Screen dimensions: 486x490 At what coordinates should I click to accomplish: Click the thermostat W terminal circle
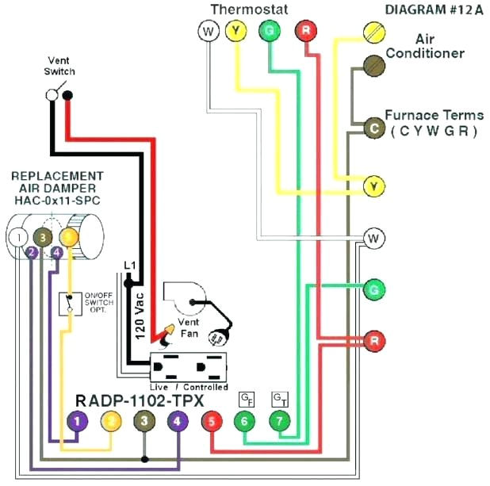(207, 31)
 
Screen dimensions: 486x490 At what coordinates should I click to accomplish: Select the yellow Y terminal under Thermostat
(235, 31)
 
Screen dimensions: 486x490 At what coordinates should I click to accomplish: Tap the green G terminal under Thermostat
(270, 31)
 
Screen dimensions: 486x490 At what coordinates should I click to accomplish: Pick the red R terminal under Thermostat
(305, 31)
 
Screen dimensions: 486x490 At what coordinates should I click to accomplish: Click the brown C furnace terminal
(373, 128)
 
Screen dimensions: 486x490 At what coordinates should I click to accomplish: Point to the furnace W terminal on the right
(373, 238)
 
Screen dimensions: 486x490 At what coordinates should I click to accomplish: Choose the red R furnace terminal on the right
(373, 341)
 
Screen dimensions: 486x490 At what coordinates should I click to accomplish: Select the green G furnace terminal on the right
(373, 290)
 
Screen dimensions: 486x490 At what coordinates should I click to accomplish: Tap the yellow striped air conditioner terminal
(373, 32)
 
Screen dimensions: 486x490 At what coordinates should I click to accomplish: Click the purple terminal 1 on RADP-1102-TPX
(77, 422)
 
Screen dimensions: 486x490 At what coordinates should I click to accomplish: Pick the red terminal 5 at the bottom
(211, 422)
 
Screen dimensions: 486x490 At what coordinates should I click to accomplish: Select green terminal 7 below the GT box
(279, 422)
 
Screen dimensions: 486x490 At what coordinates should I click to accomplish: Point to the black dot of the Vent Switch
(67, 96)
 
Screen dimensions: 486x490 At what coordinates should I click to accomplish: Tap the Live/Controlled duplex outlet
(189, 367)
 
